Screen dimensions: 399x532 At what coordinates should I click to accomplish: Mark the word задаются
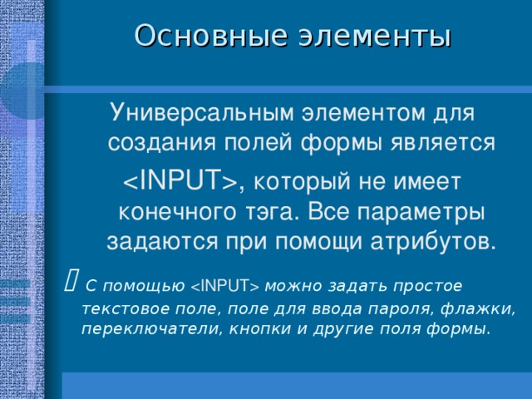coord(160,242)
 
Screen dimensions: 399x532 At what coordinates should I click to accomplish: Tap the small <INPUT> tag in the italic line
coord(225,287)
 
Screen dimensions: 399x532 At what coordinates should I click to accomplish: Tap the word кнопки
coord(251,329)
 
